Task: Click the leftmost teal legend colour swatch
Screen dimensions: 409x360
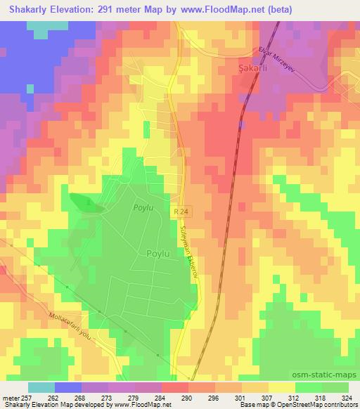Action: pos(41,387)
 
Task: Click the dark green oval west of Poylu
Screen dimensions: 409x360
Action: pos(89,203)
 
